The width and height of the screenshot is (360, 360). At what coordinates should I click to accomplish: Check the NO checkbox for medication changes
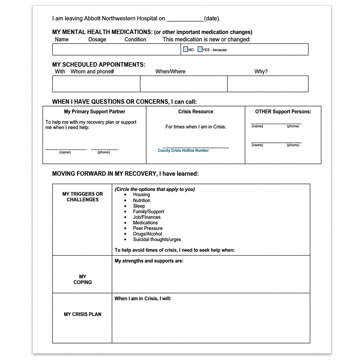click(186, 50)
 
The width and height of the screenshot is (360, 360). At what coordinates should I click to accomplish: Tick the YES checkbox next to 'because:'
click(200, 50)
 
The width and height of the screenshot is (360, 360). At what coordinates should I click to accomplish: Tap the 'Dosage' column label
click(97, 39)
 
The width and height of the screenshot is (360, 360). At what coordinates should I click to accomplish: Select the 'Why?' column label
click(261, 71)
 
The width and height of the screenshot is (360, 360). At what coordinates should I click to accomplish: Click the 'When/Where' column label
click(170, 71)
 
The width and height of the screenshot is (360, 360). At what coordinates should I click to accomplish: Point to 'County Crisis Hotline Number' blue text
click(183, 150)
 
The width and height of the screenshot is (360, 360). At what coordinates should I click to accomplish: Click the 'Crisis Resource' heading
click(195, 111)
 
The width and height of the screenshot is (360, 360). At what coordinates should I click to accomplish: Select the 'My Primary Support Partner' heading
click(95, 111)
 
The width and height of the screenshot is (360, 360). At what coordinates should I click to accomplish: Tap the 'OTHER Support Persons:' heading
click(283, 111)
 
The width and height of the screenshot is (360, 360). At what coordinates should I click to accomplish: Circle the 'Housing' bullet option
click(141, 194)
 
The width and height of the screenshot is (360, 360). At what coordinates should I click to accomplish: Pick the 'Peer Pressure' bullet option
click(148, 228)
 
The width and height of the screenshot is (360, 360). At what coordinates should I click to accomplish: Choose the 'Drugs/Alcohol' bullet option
click(147, 234)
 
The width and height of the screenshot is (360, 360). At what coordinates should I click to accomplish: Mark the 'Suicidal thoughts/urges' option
click(157, 239)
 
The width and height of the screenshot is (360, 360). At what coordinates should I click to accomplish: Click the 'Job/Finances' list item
click(147, 217)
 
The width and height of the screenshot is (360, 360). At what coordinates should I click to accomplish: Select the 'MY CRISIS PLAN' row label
click(83, 314)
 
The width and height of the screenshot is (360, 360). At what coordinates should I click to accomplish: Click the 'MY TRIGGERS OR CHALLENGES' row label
click(83, 197)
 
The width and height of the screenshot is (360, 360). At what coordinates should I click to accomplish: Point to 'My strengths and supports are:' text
click(149, 261)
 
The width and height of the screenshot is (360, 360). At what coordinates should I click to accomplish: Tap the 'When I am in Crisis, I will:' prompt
click(143, 298)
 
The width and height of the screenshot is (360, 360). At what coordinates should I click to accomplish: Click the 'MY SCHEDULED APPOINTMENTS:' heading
click(98, 65)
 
